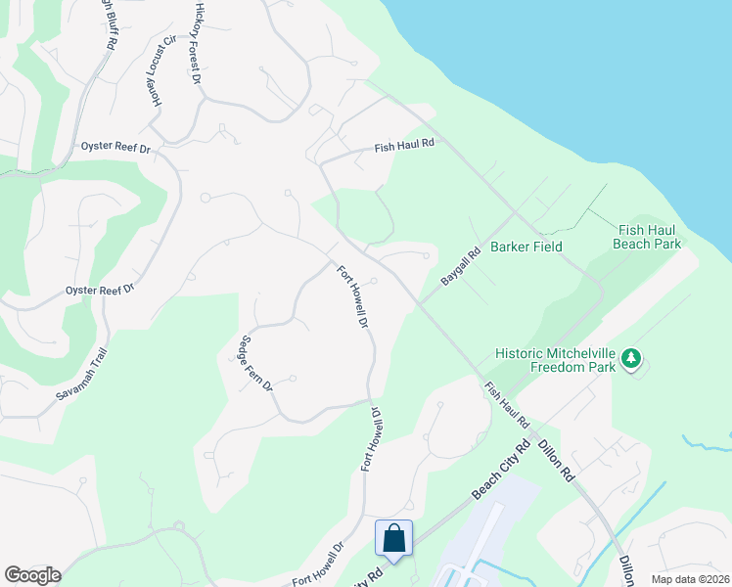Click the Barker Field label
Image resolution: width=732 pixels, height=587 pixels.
point(526,247)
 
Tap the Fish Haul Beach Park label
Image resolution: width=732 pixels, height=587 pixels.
point(646,237)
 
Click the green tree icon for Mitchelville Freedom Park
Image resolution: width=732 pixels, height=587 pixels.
point(632,360)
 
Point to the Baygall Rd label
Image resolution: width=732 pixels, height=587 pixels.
point(460,266)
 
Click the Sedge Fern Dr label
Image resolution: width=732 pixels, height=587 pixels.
point(255,364)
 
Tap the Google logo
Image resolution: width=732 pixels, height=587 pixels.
point(32,575)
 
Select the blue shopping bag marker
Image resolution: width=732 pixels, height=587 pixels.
point(393,539)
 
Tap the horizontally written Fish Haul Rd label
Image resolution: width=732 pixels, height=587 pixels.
point(403,149)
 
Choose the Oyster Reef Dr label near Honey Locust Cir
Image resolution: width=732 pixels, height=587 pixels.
point(116,149)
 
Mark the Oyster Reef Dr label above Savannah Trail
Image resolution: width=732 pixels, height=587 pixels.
point(99,290)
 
